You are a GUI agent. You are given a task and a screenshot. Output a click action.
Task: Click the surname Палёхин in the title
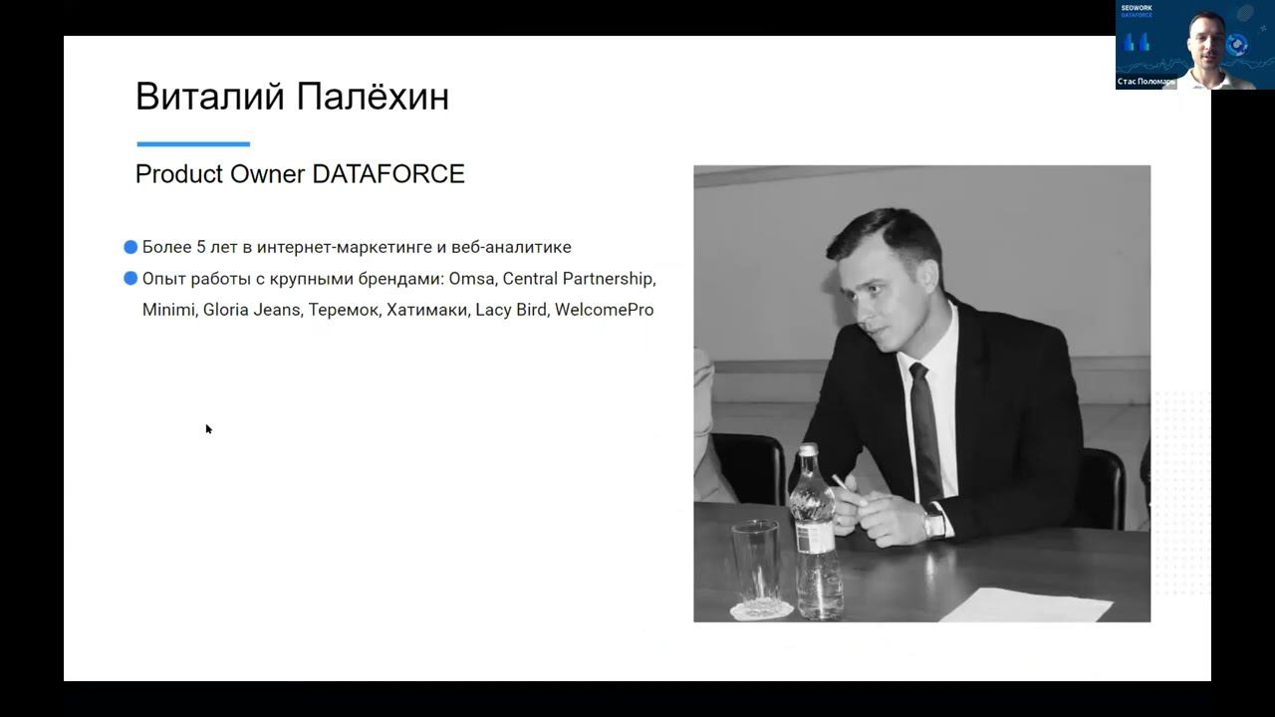[373, 97]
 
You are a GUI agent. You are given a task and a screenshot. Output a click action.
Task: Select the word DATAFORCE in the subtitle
[388, 174]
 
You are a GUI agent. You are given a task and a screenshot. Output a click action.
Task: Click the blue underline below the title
[193, 144]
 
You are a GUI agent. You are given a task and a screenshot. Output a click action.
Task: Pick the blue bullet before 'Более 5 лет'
[130, 247]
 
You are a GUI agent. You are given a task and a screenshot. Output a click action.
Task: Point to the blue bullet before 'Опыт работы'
[130, 279]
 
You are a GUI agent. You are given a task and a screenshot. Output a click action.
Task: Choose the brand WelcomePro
[604, 310]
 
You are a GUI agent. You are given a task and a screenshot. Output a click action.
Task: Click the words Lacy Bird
[511, 310]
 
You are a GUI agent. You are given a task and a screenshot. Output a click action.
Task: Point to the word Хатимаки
[427, 310]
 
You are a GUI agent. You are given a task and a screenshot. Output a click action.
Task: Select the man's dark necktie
[925, 428]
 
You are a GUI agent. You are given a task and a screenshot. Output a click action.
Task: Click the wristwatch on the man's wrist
[933, 519]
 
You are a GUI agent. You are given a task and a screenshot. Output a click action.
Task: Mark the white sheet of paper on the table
[1026, 604]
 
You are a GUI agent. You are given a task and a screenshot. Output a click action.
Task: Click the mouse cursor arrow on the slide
[208, 429]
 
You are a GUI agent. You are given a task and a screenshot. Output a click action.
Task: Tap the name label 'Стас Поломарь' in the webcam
[1146, 82]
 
